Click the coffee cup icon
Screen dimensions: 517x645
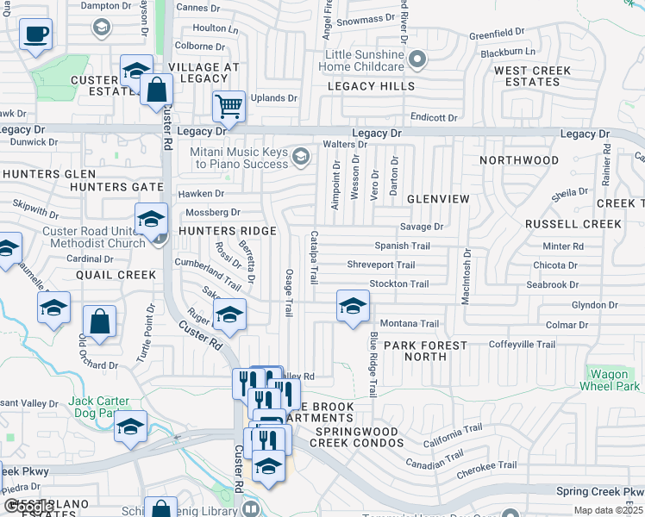tap(35, 35)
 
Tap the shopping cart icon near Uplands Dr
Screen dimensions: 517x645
tap(229, 107)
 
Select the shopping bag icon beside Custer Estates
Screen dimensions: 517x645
tap(157, 89)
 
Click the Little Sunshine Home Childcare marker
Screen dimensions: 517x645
tap(417, 59)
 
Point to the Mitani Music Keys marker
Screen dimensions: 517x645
tap(301, 156)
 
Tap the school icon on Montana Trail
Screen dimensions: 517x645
tap(352, 306)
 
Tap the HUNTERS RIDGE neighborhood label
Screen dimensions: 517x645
tap(228, 231)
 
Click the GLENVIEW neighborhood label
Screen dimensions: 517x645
tap(438, 199)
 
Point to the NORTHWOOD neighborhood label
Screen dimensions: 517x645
tap(519, 160)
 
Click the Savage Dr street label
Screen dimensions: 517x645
tap(421, 227)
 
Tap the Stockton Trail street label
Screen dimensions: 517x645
tap(398, 283)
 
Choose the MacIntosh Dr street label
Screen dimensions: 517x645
tap(467, 277)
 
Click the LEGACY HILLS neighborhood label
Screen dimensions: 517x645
tap(371, 86)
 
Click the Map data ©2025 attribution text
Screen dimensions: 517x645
tap(609, 510)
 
